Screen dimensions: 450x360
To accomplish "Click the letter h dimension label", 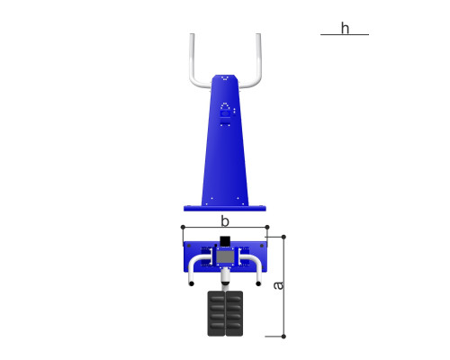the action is coord(345,29).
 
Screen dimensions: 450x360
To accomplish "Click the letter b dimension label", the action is coord(225,220).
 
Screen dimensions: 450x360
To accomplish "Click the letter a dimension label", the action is coord(278,285).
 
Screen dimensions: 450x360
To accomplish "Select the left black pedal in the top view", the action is coord(216,313).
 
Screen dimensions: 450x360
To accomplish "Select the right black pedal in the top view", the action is coord(234,313).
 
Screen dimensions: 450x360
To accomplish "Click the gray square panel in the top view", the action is coord(225,256).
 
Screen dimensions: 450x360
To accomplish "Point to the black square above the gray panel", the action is coord(225,241).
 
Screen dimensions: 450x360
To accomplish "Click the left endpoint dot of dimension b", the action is coord(183,227).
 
